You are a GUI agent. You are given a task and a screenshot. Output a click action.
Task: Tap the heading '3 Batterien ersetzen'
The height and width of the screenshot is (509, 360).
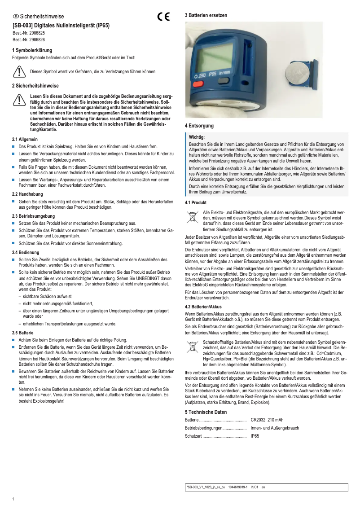(206, 15)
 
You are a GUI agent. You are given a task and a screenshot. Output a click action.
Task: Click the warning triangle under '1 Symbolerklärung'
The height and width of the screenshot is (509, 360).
(19, 71)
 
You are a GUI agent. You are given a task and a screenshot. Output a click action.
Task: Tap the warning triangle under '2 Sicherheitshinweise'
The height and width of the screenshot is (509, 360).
(19, 100)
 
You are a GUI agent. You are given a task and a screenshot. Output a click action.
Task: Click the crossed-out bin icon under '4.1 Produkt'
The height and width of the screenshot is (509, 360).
(192, 217)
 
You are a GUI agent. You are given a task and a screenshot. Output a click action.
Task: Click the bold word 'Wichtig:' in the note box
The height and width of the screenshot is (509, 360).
(197, 136)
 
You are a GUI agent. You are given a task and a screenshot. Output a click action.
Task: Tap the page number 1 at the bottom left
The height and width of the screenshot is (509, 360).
(13, 499)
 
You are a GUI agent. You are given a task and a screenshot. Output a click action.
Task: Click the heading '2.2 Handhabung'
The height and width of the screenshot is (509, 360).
(27, 194)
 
